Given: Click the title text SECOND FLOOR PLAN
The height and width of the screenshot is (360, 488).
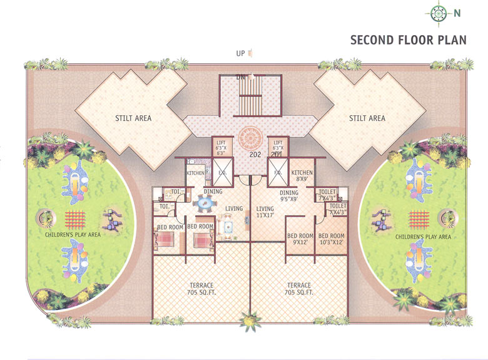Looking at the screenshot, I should (408, 40).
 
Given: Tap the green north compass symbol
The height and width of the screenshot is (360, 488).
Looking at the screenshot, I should (438, 12).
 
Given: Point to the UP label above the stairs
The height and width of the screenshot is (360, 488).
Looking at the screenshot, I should (240, 53).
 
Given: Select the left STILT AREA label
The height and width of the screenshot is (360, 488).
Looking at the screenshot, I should (133, 118).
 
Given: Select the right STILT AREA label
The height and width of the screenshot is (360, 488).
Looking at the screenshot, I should (367, 118).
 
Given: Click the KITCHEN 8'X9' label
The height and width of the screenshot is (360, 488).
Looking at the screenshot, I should (302, 176).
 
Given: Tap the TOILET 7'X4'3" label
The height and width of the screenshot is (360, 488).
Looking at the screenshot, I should (327, 195).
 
